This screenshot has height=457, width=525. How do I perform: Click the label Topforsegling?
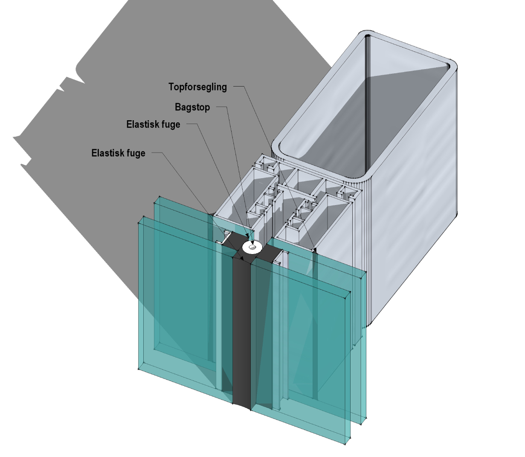197,87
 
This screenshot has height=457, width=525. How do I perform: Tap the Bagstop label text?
192,107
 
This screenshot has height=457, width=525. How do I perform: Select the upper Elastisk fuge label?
153,124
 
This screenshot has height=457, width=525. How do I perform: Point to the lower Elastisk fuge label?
118,153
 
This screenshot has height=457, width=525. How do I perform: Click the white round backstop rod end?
252,247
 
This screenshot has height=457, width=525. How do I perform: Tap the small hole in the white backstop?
252,246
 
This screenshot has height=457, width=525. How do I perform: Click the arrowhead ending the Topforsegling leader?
315,250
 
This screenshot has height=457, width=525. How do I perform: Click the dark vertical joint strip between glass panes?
241,333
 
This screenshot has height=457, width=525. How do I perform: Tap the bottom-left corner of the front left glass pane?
139,369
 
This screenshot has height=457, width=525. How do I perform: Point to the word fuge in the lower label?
135,153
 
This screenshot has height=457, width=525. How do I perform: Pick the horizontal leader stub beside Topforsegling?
238,87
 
